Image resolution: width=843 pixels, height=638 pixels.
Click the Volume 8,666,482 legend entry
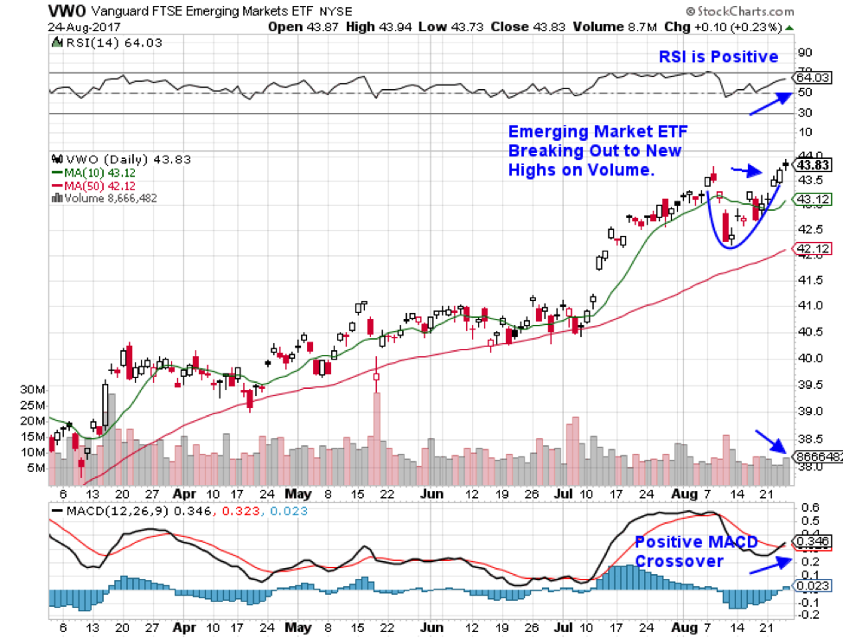point(108,198)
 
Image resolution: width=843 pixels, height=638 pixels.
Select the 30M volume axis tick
point(35,390)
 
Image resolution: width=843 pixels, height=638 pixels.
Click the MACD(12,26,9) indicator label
point(114,511)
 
